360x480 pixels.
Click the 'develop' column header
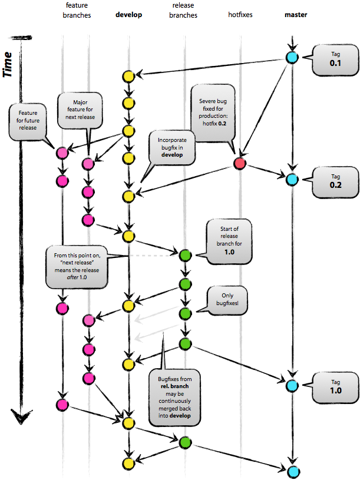[x=128, y=14]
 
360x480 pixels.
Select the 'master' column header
[x=294, y=14]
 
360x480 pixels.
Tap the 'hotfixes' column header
[x=240, y=14]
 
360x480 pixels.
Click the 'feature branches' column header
[x=77, y=11]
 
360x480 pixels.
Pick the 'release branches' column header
[x=184, y=11]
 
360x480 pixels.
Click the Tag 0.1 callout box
[x=334, y=59]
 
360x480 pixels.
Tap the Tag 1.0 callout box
[x=334, y=386]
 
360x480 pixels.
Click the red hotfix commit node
[x=239, y=163]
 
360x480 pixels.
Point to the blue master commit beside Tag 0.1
[x=291, y=58]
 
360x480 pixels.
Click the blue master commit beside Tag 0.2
[x=291, y=179]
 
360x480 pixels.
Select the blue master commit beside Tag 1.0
[x=291, y=386]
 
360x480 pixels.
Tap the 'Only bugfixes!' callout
[x=227, y=300]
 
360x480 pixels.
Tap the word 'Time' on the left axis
[x=9, y=64]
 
